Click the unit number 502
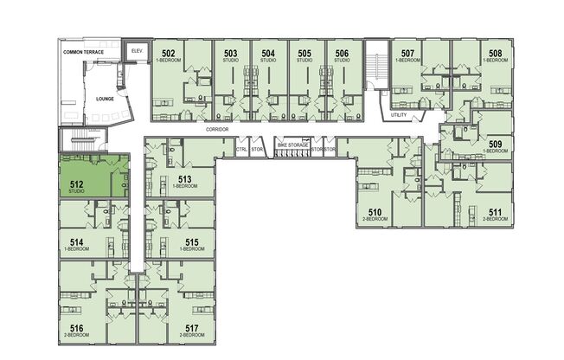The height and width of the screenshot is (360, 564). coord(170,54)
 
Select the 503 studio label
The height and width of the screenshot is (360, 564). coord(229,54)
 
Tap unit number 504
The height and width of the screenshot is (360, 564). coord(268,54)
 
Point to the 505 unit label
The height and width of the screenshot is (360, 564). coord(304,54)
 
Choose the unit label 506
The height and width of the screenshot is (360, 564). coord(342,54)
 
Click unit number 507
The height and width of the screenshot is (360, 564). coord(407,54)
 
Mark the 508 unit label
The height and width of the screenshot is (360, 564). coord(495,54)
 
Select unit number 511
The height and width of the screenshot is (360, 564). coord(495,212)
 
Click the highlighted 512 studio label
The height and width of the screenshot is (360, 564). coord(76,183)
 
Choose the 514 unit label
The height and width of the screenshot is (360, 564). coord(76,242)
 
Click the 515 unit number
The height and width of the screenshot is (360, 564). coord(192,242)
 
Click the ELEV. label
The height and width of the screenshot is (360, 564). coord(136,50)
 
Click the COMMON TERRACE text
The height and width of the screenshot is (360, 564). coord(83,53)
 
